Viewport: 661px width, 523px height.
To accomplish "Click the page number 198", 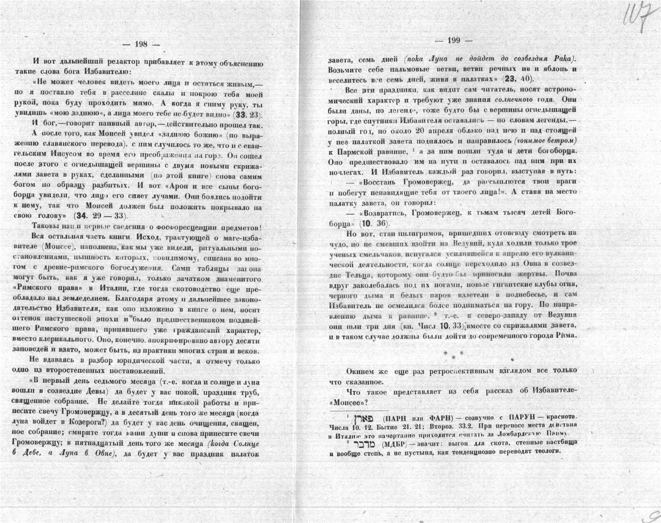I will pos(141,44).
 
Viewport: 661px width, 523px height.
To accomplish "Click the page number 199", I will pos(453,40).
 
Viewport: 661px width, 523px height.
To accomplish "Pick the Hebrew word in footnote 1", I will pos(367,417).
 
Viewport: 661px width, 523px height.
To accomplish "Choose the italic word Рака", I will pos(563,59).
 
